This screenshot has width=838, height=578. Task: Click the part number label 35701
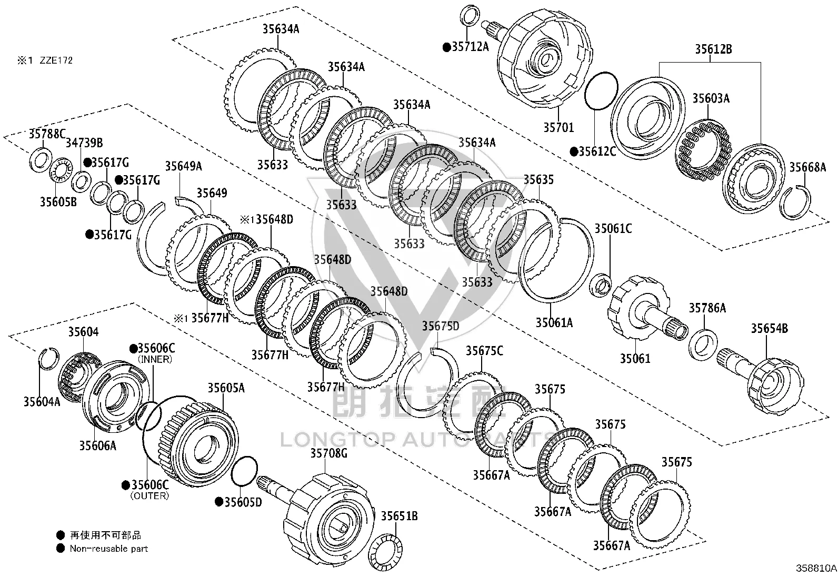click(558, 127)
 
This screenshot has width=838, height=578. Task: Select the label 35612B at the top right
click(713, 49)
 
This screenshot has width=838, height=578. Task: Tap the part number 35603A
click(711, 98)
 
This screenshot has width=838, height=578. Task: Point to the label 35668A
click(807, 167)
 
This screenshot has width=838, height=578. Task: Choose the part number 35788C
click(47, 134)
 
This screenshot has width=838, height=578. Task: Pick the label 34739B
click(84, 143)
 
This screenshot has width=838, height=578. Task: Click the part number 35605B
click(58, 202)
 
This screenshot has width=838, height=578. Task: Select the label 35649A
click(183, 166)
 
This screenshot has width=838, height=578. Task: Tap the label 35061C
click(613, 228)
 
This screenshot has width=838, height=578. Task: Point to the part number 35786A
click(707, 308)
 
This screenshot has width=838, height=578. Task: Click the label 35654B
click(770, 329)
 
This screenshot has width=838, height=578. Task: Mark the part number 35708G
click(329, 453)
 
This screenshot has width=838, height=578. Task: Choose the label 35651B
click(399, 516)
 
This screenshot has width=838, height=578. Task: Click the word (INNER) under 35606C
click(155, 359)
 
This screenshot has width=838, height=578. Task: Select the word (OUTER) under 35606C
click(149, 496)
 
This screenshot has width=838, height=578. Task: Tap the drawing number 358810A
click(816, 569)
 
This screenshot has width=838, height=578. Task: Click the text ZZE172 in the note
click(56, 60)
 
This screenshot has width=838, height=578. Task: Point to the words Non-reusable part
click(109, 549)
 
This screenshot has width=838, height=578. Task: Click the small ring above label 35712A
click(470, 16)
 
